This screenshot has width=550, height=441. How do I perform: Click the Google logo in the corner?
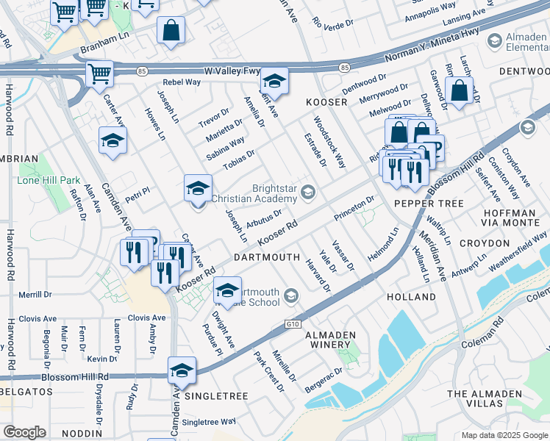[x=24, y=432]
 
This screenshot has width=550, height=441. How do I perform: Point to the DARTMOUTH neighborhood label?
[x=266, y=258]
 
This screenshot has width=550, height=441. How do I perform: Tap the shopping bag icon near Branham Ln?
[x=171, y=31]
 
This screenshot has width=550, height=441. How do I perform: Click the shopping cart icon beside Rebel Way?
[x=99, y=73]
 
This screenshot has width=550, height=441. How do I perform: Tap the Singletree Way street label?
[x=209, y=422]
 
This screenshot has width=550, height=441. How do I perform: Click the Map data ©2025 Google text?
[x=503, y=435]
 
